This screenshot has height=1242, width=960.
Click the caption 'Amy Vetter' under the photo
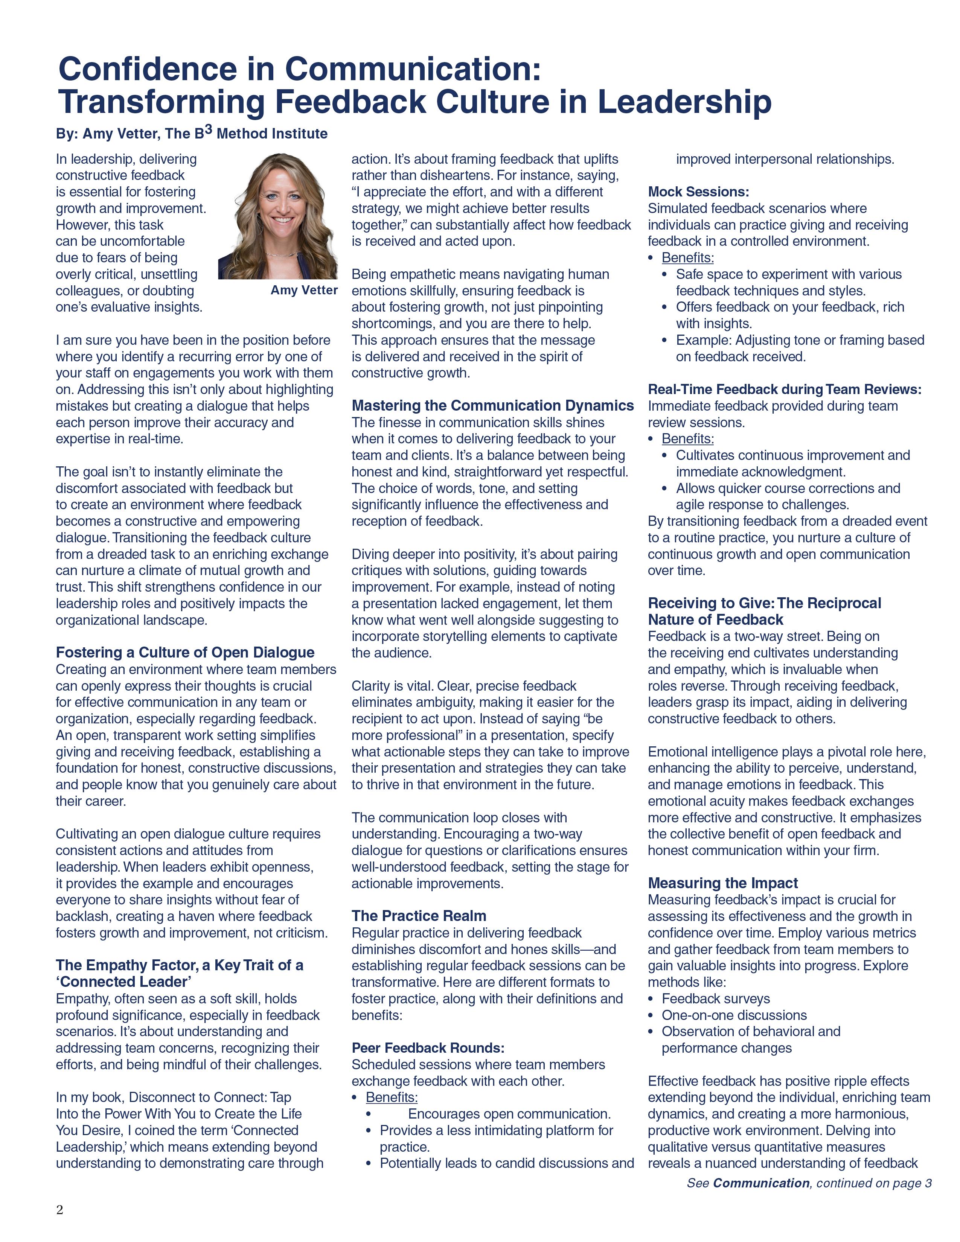(304, 291)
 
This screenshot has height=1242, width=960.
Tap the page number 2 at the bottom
(60, 1210)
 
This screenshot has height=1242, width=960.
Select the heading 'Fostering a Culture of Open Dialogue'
(185, 652)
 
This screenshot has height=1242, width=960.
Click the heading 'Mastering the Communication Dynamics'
(492, 405)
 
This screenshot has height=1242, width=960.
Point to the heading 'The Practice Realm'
(419, 916)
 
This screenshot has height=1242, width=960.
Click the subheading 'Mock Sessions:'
(698, 192)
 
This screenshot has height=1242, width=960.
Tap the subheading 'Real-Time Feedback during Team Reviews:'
(784, 390)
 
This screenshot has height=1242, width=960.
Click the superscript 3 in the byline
(209, 130)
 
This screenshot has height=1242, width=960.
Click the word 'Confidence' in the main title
(147, 69)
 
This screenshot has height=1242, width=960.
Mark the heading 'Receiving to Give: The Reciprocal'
(764, 603)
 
